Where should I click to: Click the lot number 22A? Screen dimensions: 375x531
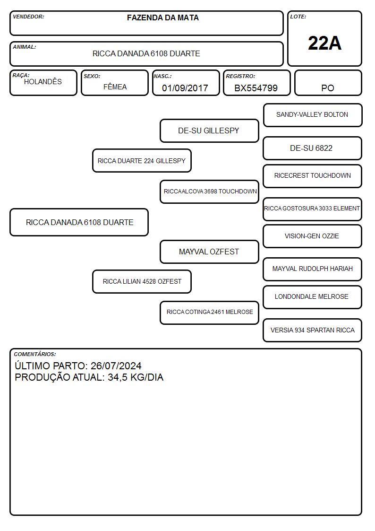point(324,43)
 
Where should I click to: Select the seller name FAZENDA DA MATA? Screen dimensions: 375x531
point(162,17)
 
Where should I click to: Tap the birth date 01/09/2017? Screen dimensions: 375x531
point(185,88)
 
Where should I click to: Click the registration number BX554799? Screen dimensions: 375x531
point(256,88)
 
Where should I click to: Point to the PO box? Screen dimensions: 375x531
point(328,83)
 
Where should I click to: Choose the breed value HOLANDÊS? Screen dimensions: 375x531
point(43,82)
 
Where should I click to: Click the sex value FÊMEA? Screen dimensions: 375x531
point(115,87)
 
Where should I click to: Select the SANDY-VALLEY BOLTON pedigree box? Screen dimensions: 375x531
point(313,115)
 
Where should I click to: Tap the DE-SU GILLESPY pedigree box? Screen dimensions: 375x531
point(209,131)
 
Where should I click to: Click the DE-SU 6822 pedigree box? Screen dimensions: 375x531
point(313,148)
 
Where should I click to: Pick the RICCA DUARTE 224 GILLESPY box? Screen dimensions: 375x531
point(142,160)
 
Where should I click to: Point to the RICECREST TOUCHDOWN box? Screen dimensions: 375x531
point(313,176)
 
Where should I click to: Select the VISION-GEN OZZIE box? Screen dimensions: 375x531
point(313,236)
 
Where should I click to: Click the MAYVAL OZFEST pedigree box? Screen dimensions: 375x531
point(209,252)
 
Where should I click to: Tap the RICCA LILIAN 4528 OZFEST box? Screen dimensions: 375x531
point(142,281)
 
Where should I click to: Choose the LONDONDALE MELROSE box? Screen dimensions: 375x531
point(313,297)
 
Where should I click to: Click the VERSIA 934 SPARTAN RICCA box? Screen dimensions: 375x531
point(313,330)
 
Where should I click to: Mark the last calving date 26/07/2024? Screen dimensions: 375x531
point(116,366)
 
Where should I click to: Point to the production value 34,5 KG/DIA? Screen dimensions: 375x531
point(136,377)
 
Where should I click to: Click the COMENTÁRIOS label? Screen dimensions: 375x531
point(35,354)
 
